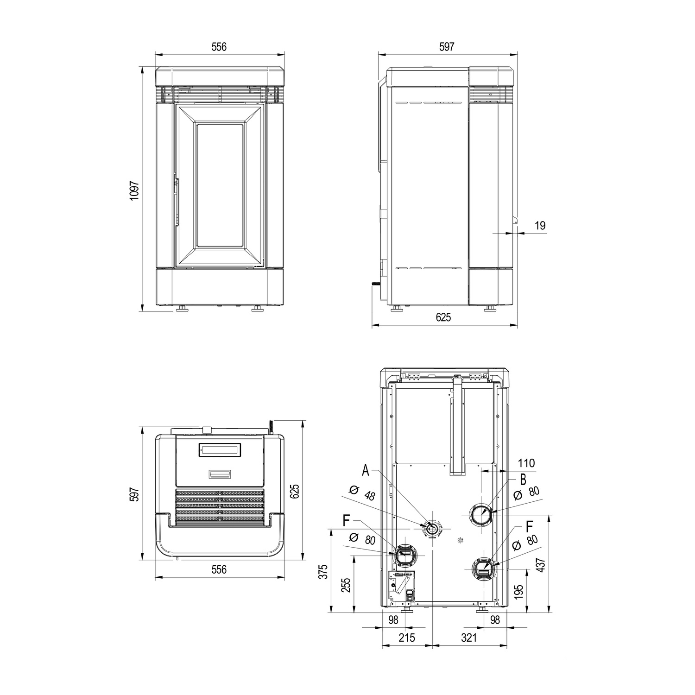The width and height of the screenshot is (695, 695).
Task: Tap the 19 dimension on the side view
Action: pyautogui.click(x=540, y=226)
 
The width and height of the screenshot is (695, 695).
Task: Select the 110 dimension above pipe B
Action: pyautogui.click(x=526, y=463)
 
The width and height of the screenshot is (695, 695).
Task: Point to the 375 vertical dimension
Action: pyautogui.click(x=323, y=571)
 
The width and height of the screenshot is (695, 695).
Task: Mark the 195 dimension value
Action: pyautogui.click(x=518, y=592)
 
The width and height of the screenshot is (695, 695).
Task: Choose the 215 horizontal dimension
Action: pyautogui.click(x=407, y=638)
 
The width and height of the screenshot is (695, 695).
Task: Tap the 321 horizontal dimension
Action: pyautogui.click(x=469, y=638)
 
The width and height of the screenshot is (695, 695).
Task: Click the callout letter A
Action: pyautogui.click(x=366, y=471)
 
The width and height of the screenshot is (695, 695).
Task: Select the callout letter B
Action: pyautogui.click(x=523, y=479)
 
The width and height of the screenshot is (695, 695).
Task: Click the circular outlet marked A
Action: pyautogui.click(x=432, y=529)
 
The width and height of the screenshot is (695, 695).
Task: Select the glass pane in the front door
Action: pyautogui.click(x=219, y=185)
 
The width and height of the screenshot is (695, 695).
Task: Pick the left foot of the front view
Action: pyautogui.click(x=182, y=309)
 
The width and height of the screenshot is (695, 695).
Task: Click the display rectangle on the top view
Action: pyautogui.click(x=220, y=450)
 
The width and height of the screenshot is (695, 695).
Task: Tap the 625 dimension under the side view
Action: pyautogui.click(x=443, y=317)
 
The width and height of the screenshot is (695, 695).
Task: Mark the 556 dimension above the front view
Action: pyautogui.click(x=219, y=47)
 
